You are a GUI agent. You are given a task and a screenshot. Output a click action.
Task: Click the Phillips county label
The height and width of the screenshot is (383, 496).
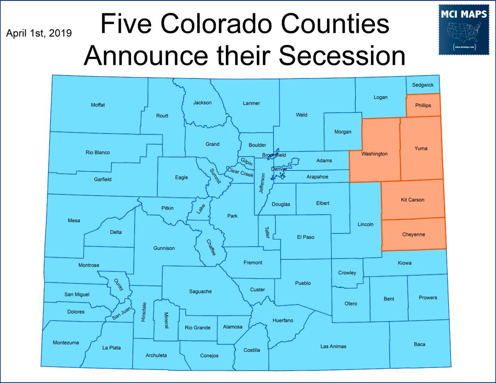[423, 105]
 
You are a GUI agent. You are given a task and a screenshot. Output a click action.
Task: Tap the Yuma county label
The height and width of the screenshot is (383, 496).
[421, 148]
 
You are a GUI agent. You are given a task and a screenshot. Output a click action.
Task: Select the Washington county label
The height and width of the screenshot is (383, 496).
[374, 154]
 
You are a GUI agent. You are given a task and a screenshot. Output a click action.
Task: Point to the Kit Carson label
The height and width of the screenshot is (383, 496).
[412, 200]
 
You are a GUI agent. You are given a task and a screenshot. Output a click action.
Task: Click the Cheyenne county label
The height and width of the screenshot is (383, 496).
[413, 234]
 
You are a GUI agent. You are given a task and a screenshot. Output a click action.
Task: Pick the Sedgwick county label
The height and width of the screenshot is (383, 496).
[423, 85]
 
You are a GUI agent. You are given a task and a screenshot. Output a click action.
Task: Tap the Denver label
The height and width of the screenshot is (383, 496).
[279, 169]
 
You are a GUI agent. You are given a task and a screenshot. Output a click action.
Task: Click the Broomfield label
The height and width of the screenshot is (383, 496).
[274, 155]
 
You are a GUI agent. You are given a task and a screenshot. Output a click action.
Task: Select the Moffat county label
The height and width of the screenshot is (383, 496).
[98, 105]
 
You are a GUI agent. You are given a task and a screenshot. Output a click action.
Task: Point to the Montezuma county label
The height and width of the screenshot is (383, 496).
[66, 343]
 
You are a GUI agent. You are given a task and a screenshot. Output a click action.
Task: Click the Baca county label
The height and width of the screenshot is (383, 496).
[419, 344]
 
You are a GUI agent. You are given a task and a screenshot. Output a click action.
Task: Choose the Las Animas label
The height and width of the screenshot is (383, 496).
[333, 346]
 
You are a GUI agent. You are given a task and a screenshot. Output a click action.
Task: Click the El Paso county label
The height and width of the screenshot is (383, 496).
[305, 237]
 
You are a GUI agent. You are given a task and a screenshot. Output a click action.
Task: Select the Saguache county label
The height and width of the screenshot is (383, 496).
[200, 291]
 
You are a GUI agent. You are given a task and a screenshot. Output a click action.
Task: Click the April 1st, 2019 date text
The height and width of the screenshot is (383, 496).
[39, 33]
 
